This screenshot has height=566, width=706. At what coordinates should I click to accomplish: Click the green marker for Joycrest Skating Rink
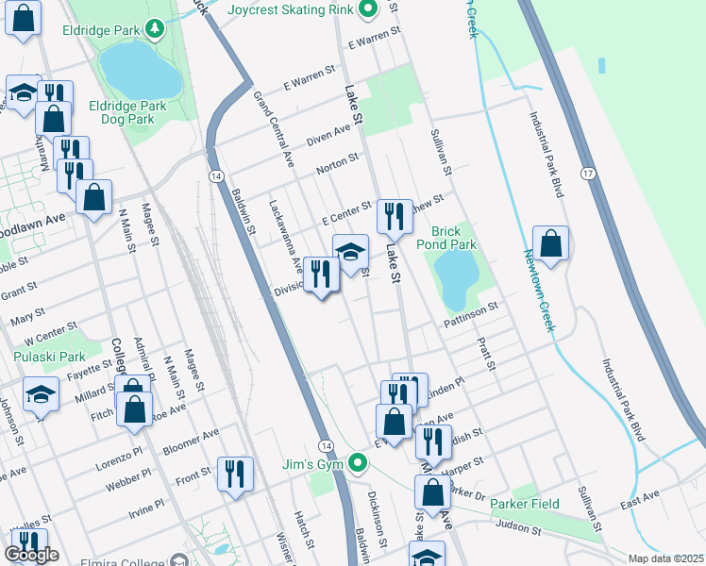pyautogui.click(x=369, y=10)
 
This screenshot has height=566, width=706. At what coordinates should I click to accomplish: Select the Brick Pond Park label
pyautogui.click(x=453, y=237)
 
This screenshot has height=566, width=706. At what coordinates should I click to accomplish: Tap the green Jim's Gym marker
pyautogui.click(x=357, y=463)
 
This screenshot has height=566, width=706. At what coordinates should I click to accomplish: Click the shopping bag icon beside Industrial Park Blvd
pyautogui.click(x=550, y=243)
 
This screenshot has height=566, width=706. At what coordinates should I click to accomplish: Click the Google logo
pyautogui.click(x=32, y=555)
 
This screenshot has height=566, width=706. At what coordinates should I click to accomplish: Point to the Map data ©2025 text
pyautogui.click(x=666, y=558)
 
